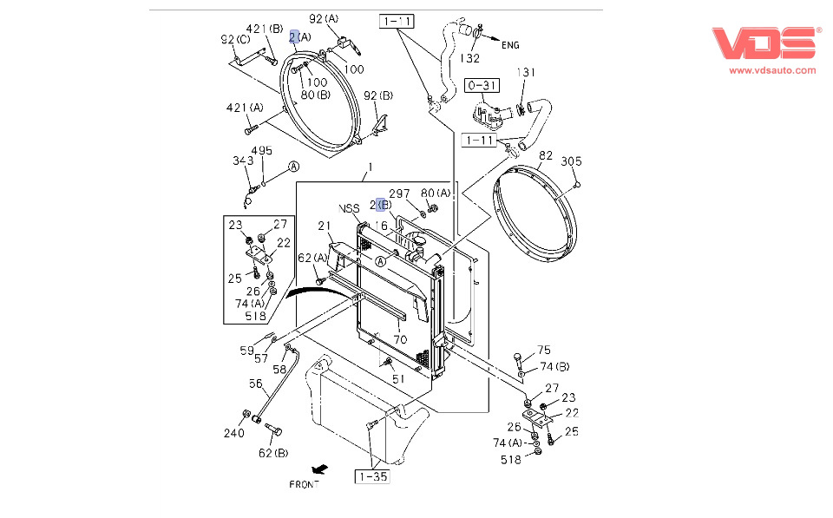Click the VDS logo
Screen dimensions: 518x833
tap(766, 43)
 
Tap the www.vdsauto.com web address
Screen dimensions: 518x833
tap(771, 70)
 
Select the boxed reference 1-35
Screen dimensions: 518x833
tap(371, 475)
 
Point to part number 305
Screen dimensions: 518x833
tap(570, 161)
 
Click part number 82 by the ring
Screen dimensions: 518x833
tap(545, 155)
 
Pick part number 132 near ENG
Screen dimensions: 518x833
tap(469, 58)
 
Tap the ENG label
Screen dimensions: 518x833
tap(510, 45)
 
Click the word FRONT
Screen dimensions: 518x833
tap(304, 484)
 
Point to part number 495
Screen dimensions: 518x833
tap(261, 151)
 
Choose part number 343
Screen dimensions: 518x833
tap(242, 161)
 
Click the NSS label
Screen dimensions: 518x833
tap(349, 208)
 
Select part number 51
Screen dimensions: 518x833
tap(397, 378)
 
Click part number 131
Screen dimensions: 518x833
tap(527, 73)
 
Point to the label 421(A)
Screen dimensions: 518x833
tap(245, 108)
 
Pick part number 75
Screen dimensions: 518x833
tap(543, 351)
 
